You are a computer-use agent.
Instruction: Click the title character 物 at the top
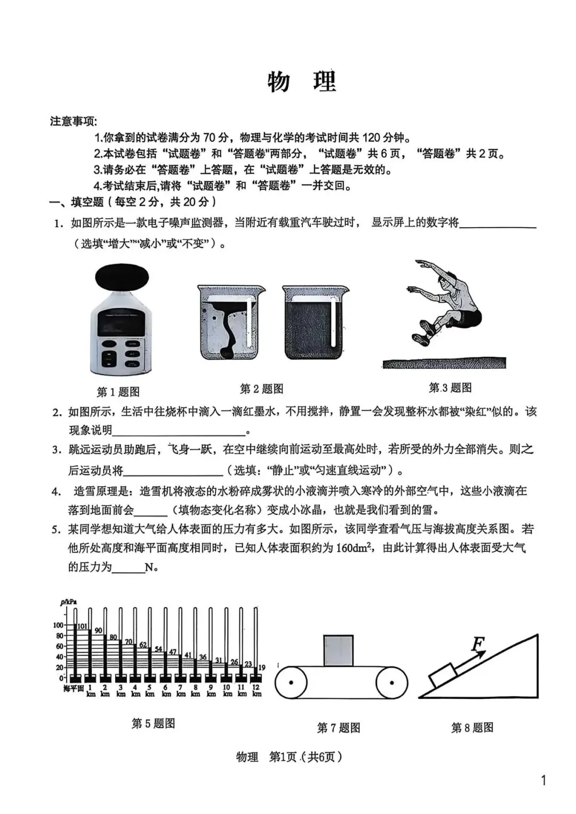[279, 82]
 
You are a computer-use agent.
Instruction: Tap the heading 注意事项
[74, 122]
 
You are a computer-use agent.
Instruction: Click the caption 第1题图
[118, 392]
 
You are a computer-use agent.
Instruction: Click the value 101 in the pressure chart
[83, 626]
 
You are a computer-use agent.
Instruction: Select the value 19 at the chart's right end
[261, 667]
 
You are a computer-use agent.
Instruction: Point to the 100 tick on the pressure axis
[58, 625]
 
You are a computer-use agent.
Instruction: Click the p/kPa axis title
[68, 602]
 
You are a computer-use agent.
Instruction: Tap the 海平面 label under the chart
[73, 689]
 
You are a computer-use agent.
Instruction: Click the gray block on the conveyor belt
[338, 650]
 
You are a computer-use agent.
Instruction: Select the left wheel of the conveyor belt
[291, 683]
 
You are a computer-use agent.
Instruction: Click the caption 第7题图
[338, 728]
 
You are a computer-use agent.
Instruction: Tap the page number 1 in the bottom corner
[543, 781]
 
